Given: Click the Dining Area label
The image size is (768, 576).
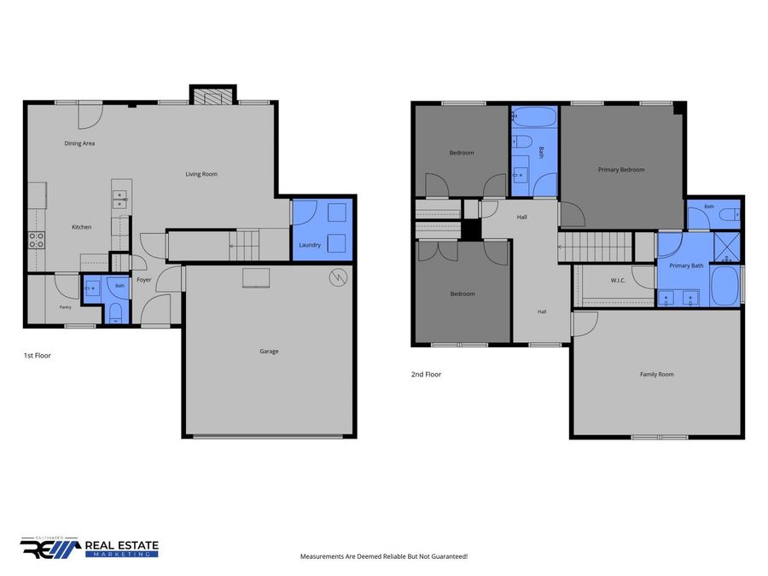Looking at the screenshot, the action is (x=79, y=143).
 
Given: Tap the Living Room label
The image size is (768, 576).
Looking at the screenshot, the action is (x=201, y=174).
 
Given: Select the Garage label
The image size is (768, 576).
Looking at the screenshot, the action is (x=269, y=352).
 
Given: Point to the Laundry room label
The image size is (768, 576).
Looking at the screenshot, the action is (x=310, y=245).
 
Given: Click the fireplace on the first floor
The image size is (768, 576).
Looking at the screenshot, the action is (x=213, y=96).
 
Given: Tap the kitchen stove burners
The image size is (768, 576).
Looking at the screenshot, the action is (x=36, y=240).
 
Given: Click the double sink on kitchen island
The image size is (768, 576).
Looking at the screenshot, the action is (x=119, y=200).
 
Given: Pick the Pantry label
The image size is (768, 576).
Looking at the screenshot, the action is (x=65, y=307).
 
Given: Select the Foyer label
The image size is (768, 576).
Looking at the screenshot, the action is (x=144, y=280).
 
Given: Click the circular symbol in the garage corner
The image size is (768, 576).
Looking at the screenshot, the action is (x=338, y=277).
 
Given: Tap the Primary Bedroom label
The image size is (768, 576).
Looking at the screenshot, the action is (x=621, y=170).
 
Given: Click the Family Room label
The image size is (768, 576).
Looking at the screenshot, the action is (x=656, y=375).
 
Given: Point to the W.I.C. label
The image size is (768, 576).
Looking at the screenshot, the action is (x=618, y=281).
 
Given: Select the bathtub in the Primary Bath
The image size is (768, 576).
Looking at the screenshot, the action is (x=724, y=286).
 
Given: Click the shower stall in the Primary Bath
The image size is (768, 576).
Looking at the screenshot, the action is (x=727, y=247).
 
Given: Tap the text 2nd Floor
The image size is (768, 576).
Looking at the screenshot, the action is (x=426, y=375).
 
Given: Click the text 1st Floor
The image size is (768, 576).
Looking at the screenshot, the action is (x=38, y=356).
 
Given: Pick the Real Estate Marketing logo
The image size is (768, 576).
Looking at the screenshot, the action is (x=89, y=548).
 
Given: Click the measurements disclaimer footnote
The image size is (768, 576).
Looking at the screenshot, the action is (x=383, y=556).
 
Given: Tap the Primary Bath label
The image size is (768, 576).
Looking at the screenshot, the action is (x=686, y=265).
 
